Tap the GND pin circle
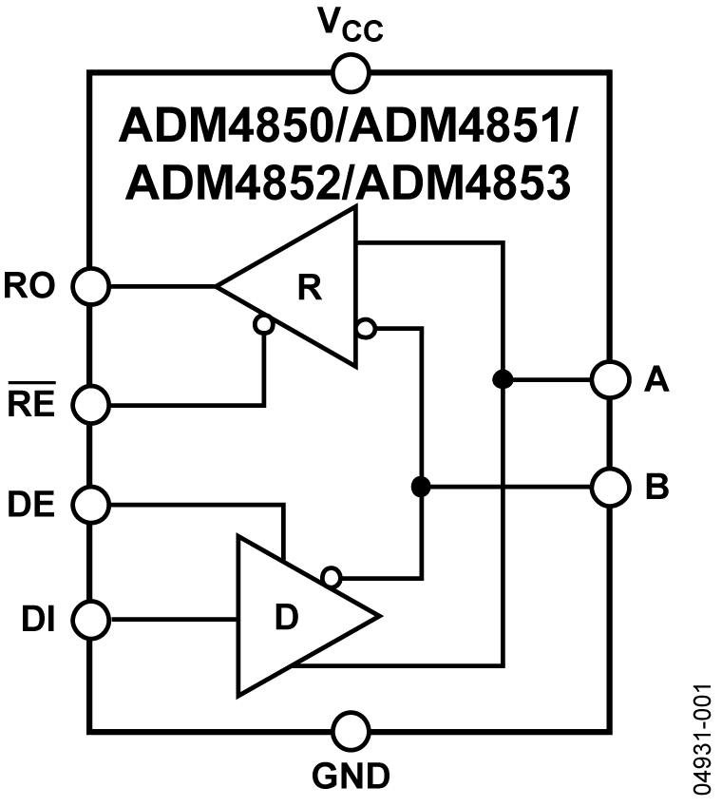click(350, 732)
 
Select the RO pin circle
click(92, 284)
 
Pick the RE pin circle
click(92, 406)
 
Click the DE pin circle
click(92, 504)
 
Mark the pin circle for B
click(609, 488)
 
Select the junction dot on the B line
click(420, 488)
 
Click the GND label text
click(351, 777)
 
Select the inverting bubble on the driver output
click(331, 577)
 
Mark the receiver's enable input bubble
click(264, 325)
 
